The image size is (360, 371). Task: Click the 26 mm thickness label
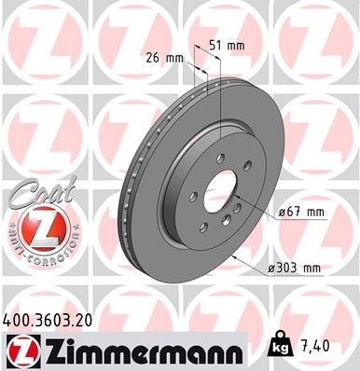(x=163, y=57)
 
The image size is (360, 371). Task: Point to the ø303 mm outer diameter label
(x=294, y=268)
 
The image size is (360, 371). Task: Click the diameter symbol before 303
(x=270, y=268)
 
